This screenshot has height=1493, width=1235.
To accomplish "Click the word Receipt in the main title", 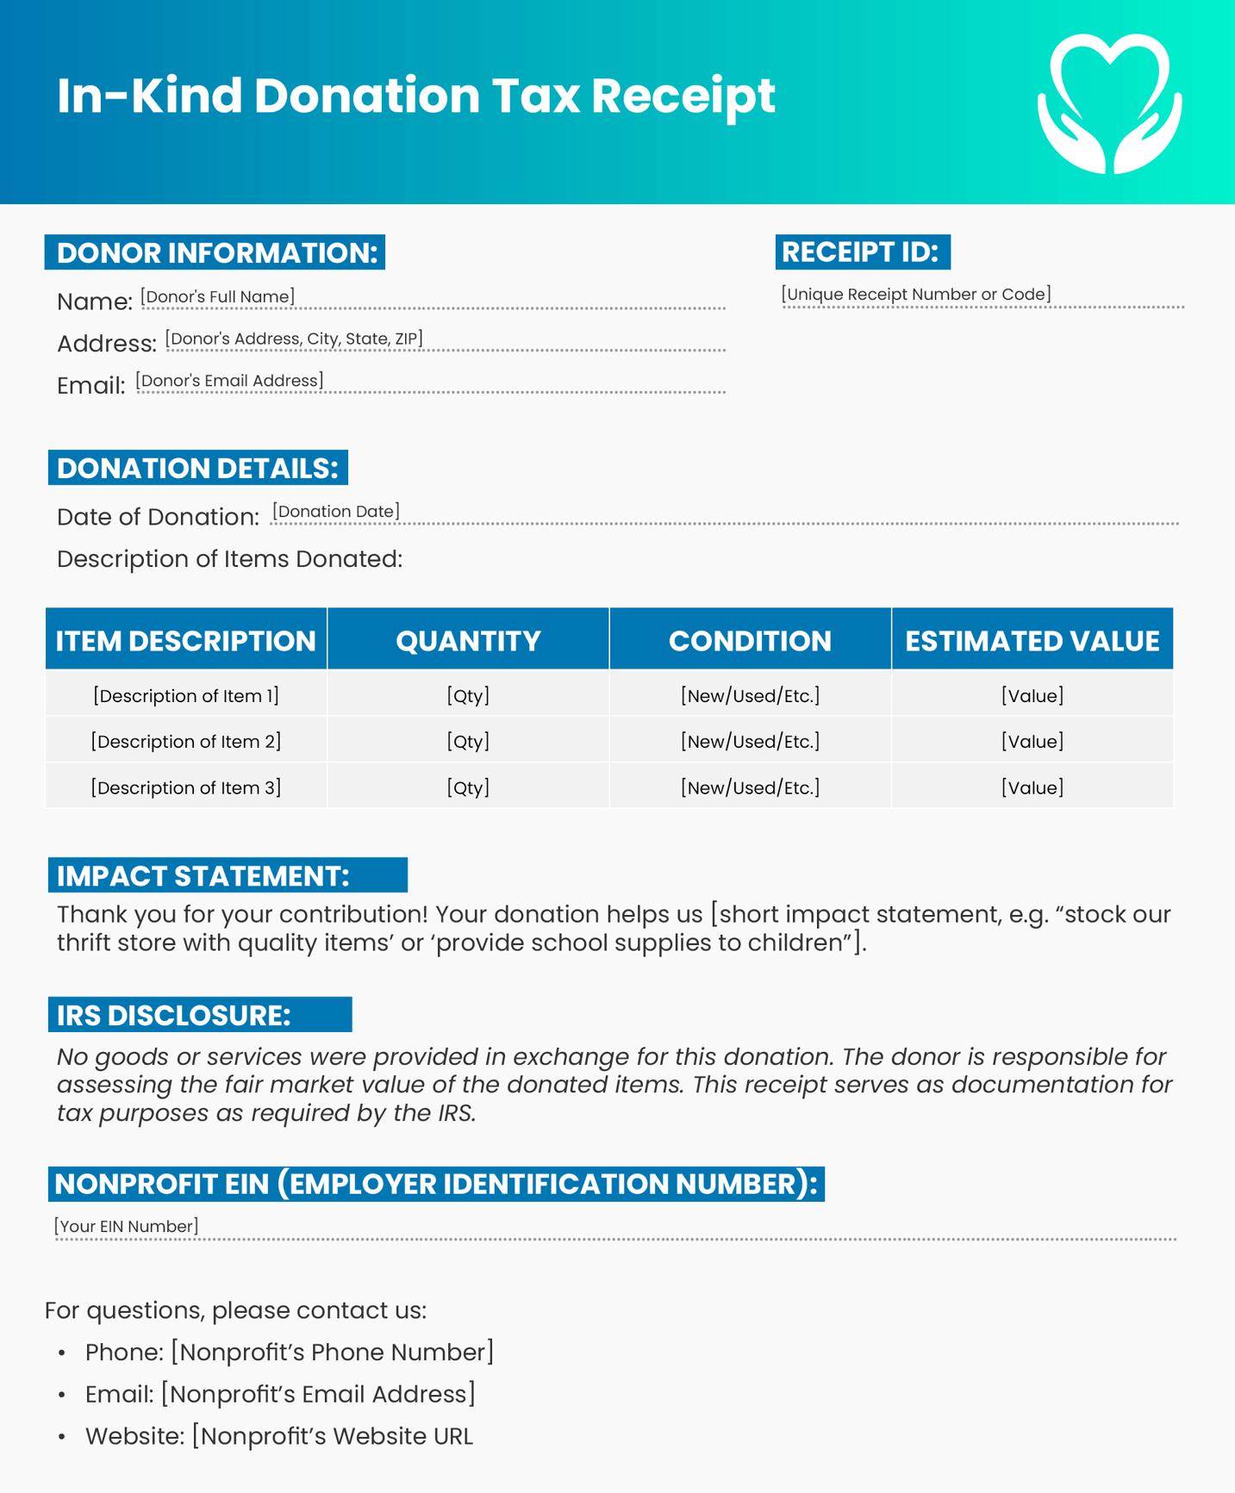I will [x=683, y=96].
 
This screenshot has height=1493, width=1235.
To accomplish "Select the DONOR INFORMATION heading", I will [x=215, y=253].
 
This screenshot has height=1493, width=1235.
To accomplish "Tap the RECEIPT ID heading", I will [x=862, y=252].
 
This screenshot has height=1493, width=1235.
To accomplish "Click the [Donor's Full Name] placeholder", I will [x=218, y=297].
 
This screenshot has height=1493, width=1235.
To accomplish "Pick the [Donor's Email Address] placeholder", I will [x=229, y=381].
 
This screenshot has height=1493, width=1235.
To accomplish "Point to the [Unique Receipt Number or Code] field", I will [x=915, y=295].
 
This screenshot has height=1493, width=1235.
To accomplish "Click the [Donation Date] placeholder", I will [x=335, y=512].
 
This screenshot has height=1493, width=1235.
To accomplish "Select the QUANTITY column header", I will [x=468, y=641].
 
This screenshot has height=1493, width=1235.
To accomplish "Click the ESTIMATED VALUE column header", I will [x=1032, y=641].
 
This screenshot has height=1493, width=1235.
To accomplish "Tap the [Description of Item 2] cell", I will [x=186, y=742].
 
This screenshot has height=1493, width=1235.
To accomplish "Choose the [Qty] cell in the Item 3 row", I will [x=468, y=787].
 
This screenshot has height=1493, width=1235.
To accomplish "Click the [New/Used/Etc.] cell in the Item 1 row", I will [x=750, y=696].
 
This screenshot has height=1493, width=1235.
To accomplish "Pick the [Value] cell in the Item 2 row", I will [x=1032, y=742].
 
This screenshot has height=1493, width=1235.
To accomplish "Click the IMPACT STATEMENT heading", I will [x=203, y=876].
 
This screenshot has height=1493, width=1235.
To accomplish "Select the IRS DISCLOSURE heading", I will [x=174, y=1016].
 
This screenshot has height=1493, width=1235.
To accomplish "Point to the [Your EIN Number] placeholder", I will [x=127, y=1227].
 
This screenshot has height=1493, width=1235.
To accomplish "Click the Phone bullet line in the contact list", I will [x=290, y=1353].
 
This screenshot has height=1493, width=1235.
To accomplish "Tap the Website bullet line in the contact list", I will [x=278, y=1437].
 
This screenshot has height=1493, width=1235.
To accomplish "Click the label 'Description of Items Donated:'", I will [x=229, y=559].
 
